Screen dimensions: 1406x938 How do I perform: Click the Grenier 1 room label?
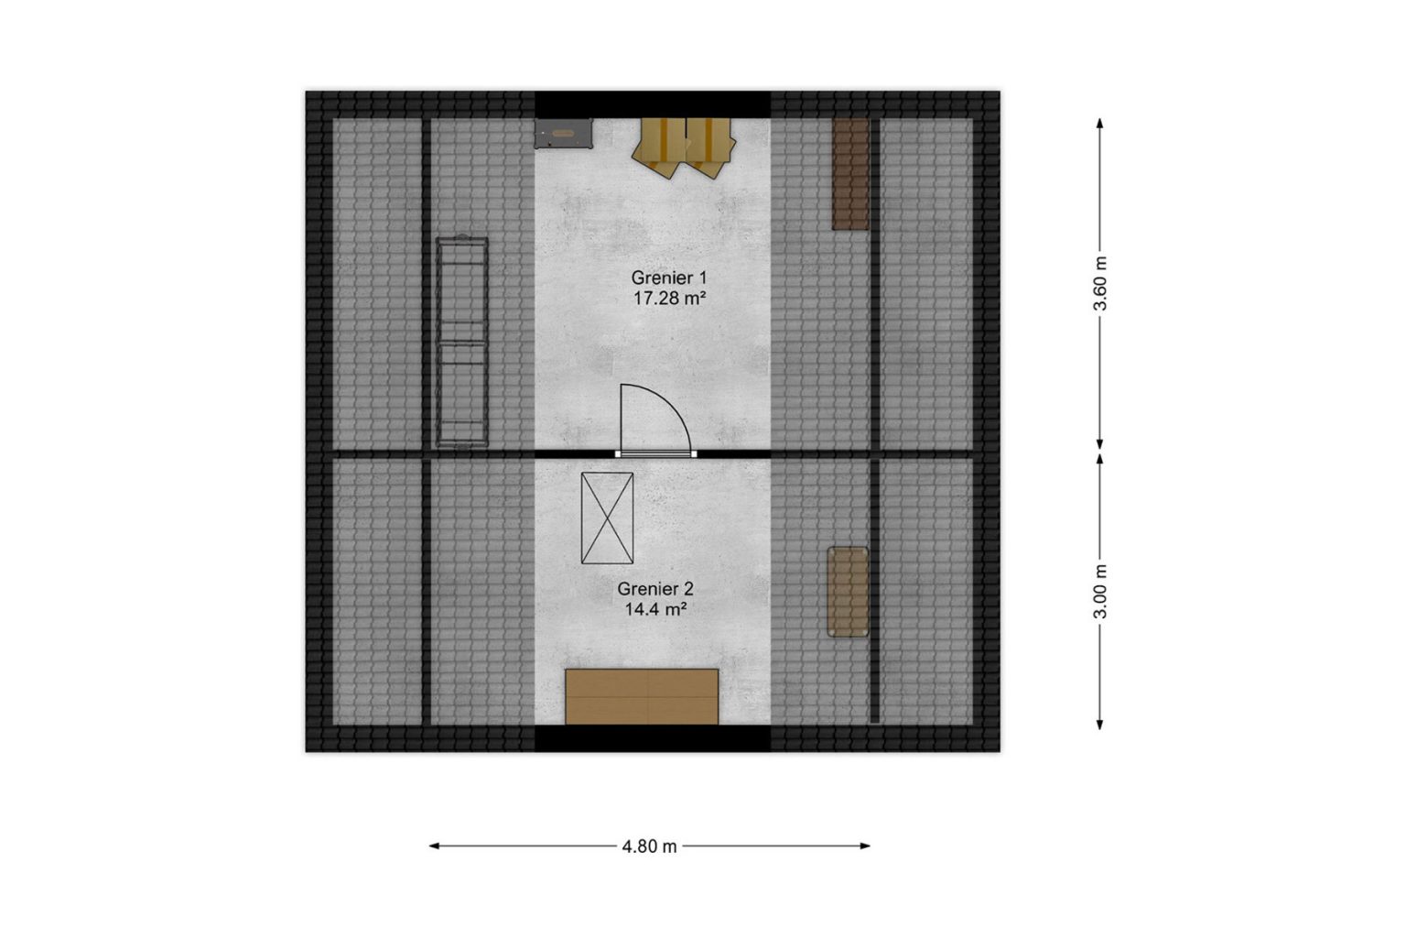click(x=669, y=278)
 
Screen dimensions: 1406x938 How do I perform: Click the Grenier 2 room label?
click(x=655, y=589)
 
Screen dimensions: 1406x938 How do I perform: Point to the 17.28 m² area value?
click(x=669, y=299)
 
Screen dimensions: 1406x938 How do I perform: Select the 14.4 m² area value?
click(x=655, y=609)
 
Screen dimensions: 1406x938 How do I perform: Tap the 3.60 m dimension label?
click(x=1100, y=283)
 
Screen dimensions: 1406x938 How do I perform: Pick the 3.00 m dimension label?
click(x=1100, y=591)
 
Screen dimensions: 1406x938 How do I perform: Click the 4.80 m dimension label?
click(x=650, y=846)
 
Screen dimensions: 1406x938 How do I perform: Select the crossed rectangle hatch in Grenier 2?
click(x=607, y=518)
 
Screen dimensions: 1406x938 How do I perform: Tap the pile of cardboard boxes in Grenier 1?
click(x=684, y=147)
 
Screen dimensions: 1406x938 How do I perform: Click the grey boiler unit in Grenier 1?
click(x=563, y=133)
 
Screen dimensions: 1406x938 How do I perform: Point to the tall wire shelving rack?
click(x=462, y=342)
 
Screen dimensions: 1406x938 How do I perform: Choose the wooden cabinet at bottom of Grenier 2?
click(x=642, y=696)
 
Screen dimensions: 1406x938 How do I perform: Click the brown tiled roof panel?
click(x=850, y=174)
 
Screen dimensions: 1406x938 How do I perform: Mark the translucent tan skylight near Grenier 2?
click(x=848, y=592)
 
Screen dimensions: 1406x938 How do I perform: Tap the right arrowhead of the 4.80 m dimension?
click(x=866, y=845)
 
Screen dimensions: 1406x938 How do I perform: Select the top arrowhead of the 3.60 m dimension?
click(x=1099, y=123)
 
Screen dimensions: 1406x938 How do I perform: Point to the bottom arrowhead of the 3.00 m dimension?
click(x=1099, y=725)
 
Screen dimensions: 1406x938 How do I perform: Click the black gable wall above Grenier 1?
click(x=652, y=104)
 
